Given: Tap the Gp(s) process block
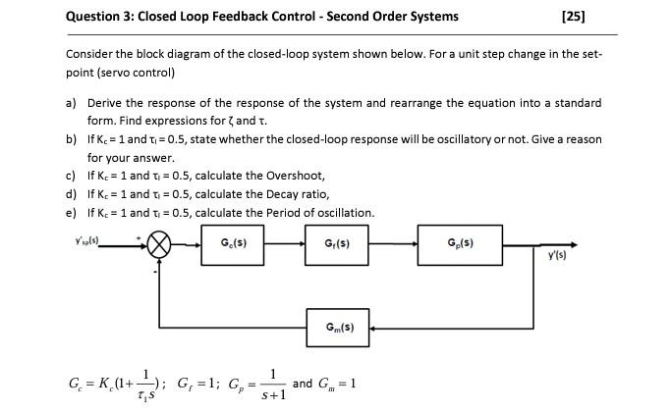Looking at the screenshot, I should click(458, 241).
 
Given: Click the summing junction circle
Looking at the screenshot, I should click(161, 242).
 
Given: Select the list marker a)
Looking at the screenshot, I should click(71, 103).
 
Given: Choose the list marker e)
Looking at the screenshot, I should click(71, 213).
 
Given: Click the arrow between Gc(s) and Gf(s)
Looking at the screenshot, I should click(290, 242).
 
